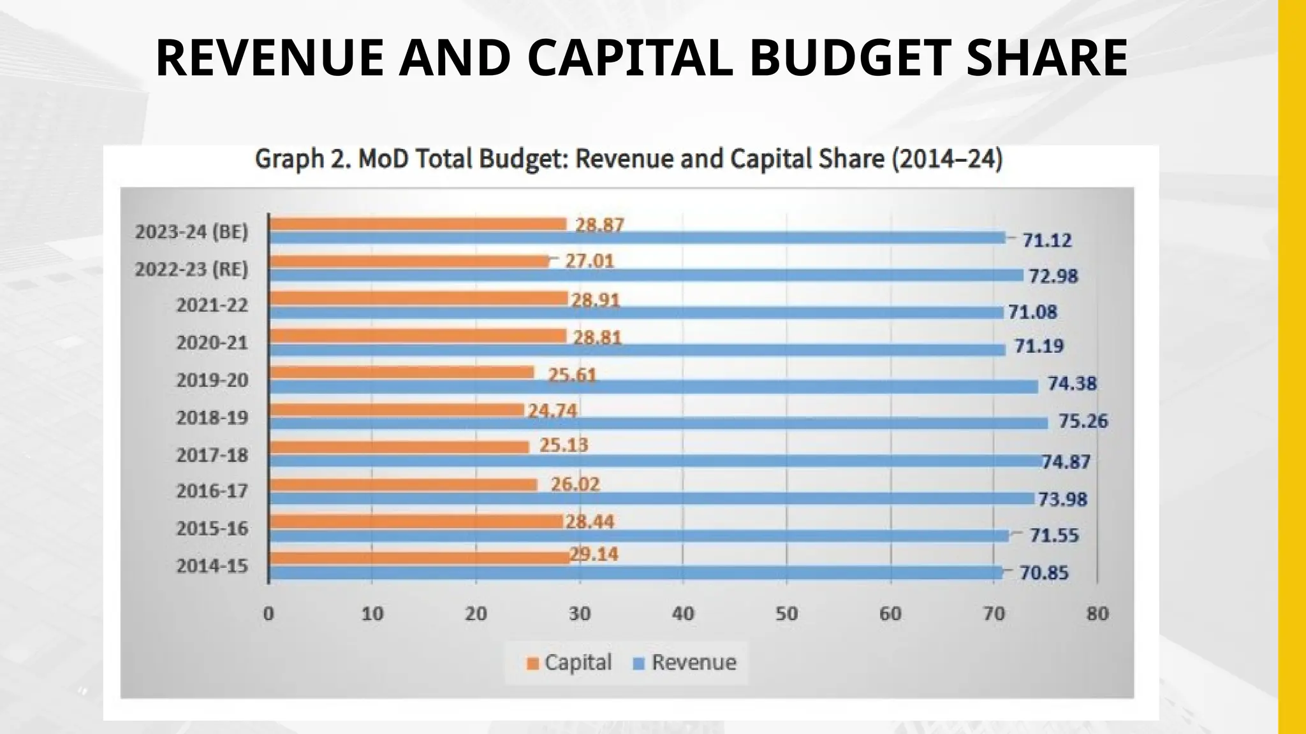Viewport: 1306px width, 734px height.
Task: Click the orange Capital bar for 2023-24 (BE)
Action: pos(418,224)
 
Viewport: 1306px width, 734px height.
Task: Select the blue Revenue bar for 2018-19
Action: pos(658,423)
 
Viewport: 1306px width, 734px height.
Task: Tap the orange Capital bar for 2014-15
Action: pos(419,558)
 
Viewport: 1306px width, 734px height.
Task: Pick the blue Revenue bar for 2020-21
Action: pos(637,349)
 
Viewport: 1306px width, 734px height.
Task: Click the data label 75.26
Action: pos(1083,421)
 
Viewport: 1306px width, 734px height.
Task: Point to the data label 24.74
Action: pos(552,411)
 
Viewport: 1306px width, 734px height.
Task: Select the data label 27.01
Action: pos(589,261)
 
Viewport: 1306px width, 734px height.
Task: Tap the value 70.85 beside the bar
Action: pos(1043,573)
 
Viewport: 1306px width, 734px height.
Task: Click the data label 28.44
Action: pos(589,522)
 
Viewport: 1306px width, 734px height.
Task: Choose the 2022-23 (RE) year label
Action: pos(191,269)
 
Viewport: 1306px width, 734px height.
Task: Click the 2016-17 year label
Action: pos(212,491)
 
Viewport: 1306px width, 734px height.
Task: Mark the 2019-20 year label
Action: pos(212,380)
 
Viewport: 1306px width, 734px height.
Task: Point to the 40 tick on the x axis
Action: pos(682,614)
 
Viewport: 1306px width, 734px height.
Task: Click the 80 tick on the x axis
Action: pos(1097,614)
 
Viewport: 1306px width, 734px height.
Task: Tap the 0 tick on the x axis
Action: pos(268,614)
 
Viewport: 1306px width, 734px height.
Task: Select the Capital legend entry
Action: pos(569,663)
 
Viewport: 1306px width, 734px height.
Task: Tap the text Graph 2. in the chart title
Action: pos(302,159)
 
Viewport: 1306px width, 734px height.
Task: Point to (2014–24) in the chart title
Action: pos(947,159)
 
